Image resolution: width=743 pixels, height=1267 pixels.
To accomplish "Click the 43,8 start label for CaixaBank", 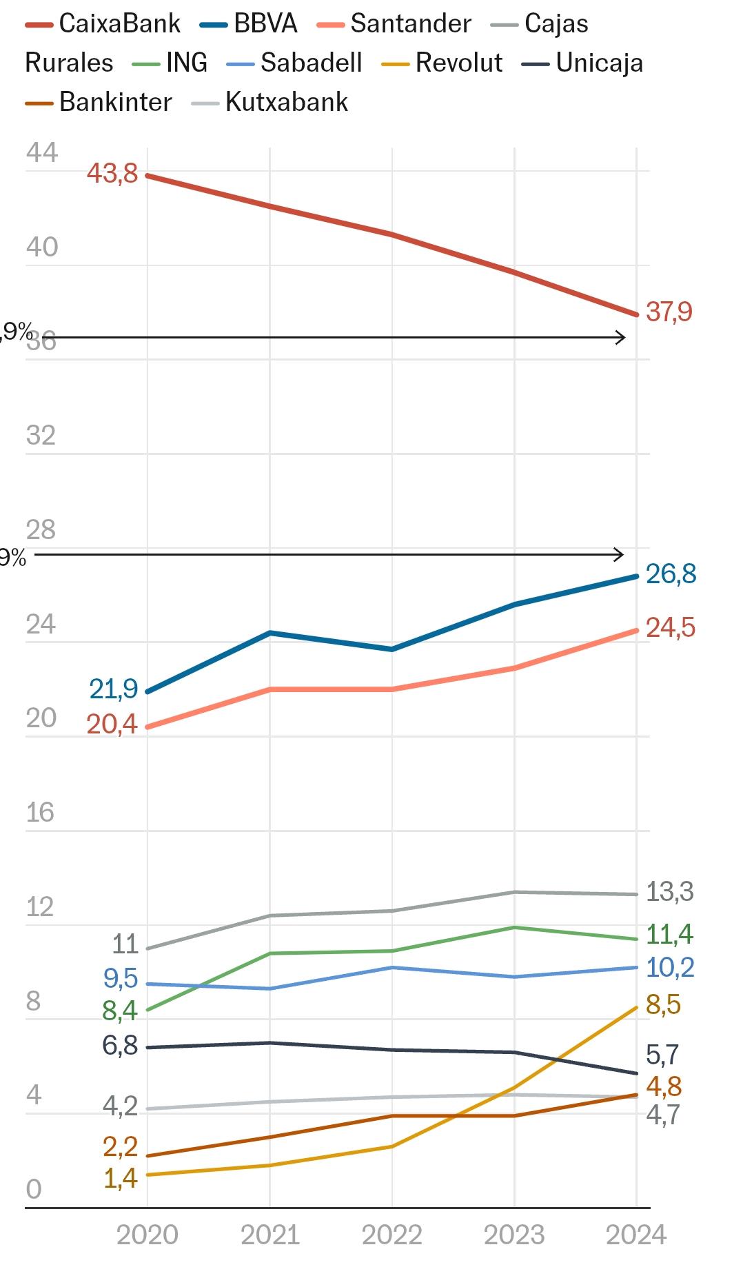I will tap(112, 173).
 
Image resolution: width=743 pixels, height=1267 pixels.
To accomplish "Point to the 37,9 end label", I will tap(669, 312).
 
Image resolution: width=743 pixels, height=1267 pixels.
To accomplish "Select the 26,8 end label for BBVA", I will tap(671, 574).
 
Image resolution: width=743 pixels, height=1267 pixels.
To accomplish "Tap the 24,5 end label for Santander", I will tap(670, 628).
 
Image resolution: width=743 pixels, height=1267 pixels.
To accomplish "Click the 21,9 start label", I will tap(114, 689).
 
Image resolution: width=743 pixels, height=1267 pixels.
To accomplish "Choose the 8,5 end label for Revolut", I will tap(663, 1005).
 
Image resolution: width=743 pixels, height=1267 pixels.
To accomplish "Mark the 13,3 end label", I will tap(669, 892).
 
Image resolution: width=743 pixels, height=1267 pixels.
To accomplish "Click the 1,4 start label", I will tap(121, 1179).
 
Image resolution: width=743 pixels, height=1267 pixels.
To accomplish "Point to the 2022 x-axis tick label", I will tap(391, 1235).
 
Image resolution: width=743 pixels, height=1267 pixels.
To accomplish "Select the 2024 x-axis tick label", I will tap(635, 1235).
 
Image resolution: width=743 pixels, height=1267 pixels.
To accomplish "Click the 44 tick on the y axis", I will tap(42, 153).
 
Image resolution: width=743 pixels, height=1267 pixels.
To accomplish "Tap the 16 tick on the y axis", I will tap(40, 813).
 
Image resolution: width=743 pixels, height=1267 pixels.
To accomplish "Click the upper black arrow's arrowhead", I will tap(621, 338).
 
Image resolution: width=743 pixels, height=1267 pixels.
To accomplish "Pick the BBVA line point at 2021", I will tap(269, 633).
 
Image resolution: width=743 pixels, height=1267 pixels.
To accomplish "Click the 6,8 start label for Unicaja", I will tap(120, 1046).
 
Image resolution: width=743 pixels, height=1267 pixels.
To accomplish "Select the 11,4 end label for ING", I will tap(669, 935).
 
